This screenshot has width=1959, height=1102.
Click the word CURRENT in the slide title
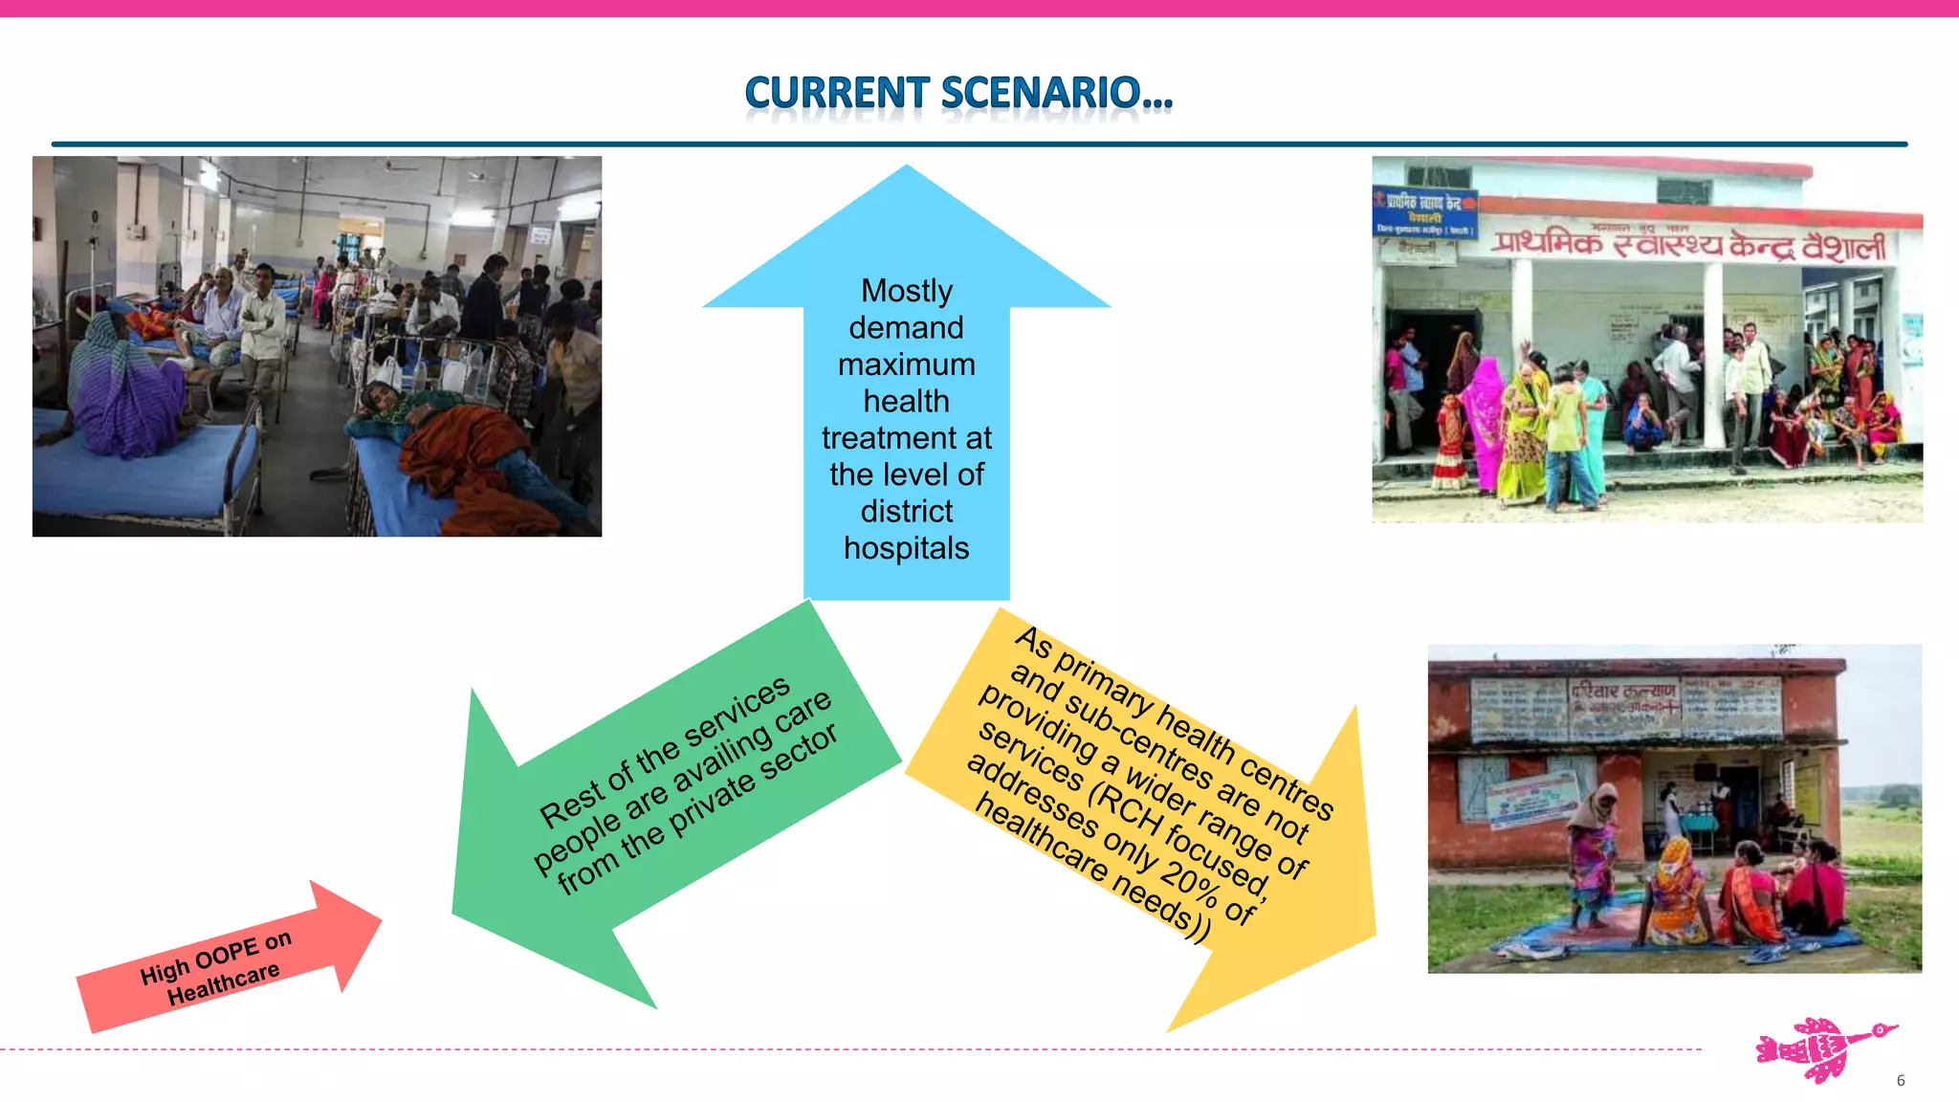pos(836,94)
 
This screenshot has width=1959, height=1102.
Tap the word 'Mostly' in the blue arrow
pos(906,291)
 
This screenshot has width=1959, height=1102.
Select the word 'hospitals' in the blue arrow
pos(906,548)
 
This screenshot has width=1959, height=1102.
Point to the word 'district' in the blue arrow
pos(906,512)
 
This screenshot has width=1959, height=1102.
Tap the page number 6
pos(1900,1080)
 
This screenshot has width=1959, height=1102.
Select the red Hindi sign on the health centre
pos(1688,245)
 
